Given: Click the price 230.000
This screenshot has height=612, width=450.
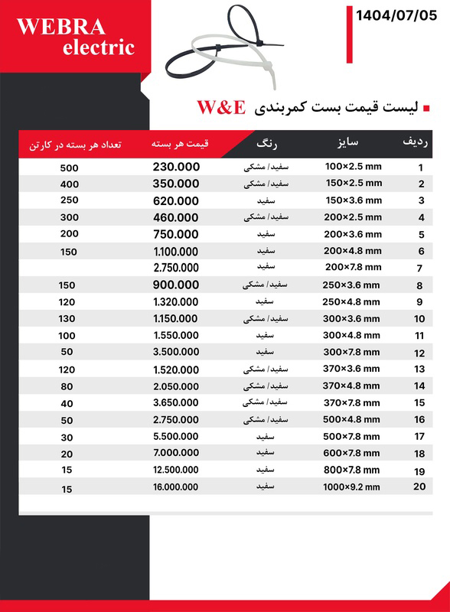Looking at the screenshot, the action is pos(176,167).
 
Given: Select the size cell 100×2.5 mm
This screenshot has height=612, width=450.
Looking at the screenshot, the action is pos(353,167).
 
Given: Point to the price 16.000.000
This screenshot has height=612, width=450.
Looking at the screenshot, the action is pos(176,487).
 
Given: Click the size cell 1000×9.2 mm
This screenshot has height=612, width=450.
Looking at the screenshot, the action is pos(351,487).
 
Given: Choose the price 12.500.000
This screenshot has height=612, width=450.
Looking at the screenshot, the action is pos(176,470).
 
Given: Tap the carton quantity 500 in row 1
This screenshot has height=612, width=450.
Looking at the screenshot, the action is pos(69,168).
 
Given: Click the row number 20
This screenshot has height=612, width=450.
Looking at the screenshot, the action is pos(419,487).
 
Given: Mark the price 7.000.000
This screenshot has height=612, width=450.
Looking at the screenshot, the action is pos(176,453).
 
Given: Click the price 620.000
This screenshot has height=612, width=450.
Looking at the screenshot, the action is pos(176,200).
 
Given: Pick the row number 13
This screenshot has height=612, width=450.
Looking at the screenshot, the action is pos(419,369).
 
